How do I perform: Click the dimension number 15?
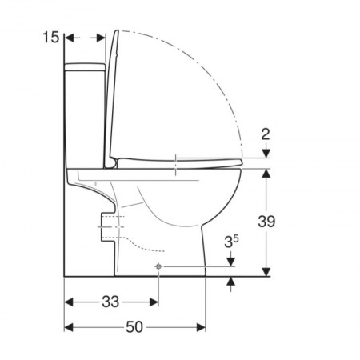pos(51,37)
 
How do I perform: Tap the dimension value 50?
pos(134,327)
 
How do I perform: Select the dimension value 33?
pos(110,302)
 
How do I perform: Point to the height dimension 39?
pos(266,222)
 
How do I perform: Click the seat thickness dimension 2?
pos(266,134)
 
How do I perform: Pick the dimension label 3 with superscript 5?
pos(231,242)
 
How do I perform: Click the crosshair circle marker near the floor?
pos(158,266)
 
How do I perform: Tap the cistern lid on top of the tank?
pos(85,67)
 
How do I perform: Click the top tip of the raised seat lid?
pos(117,30)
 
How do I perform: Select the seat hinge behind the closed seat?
pos(111,163)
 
